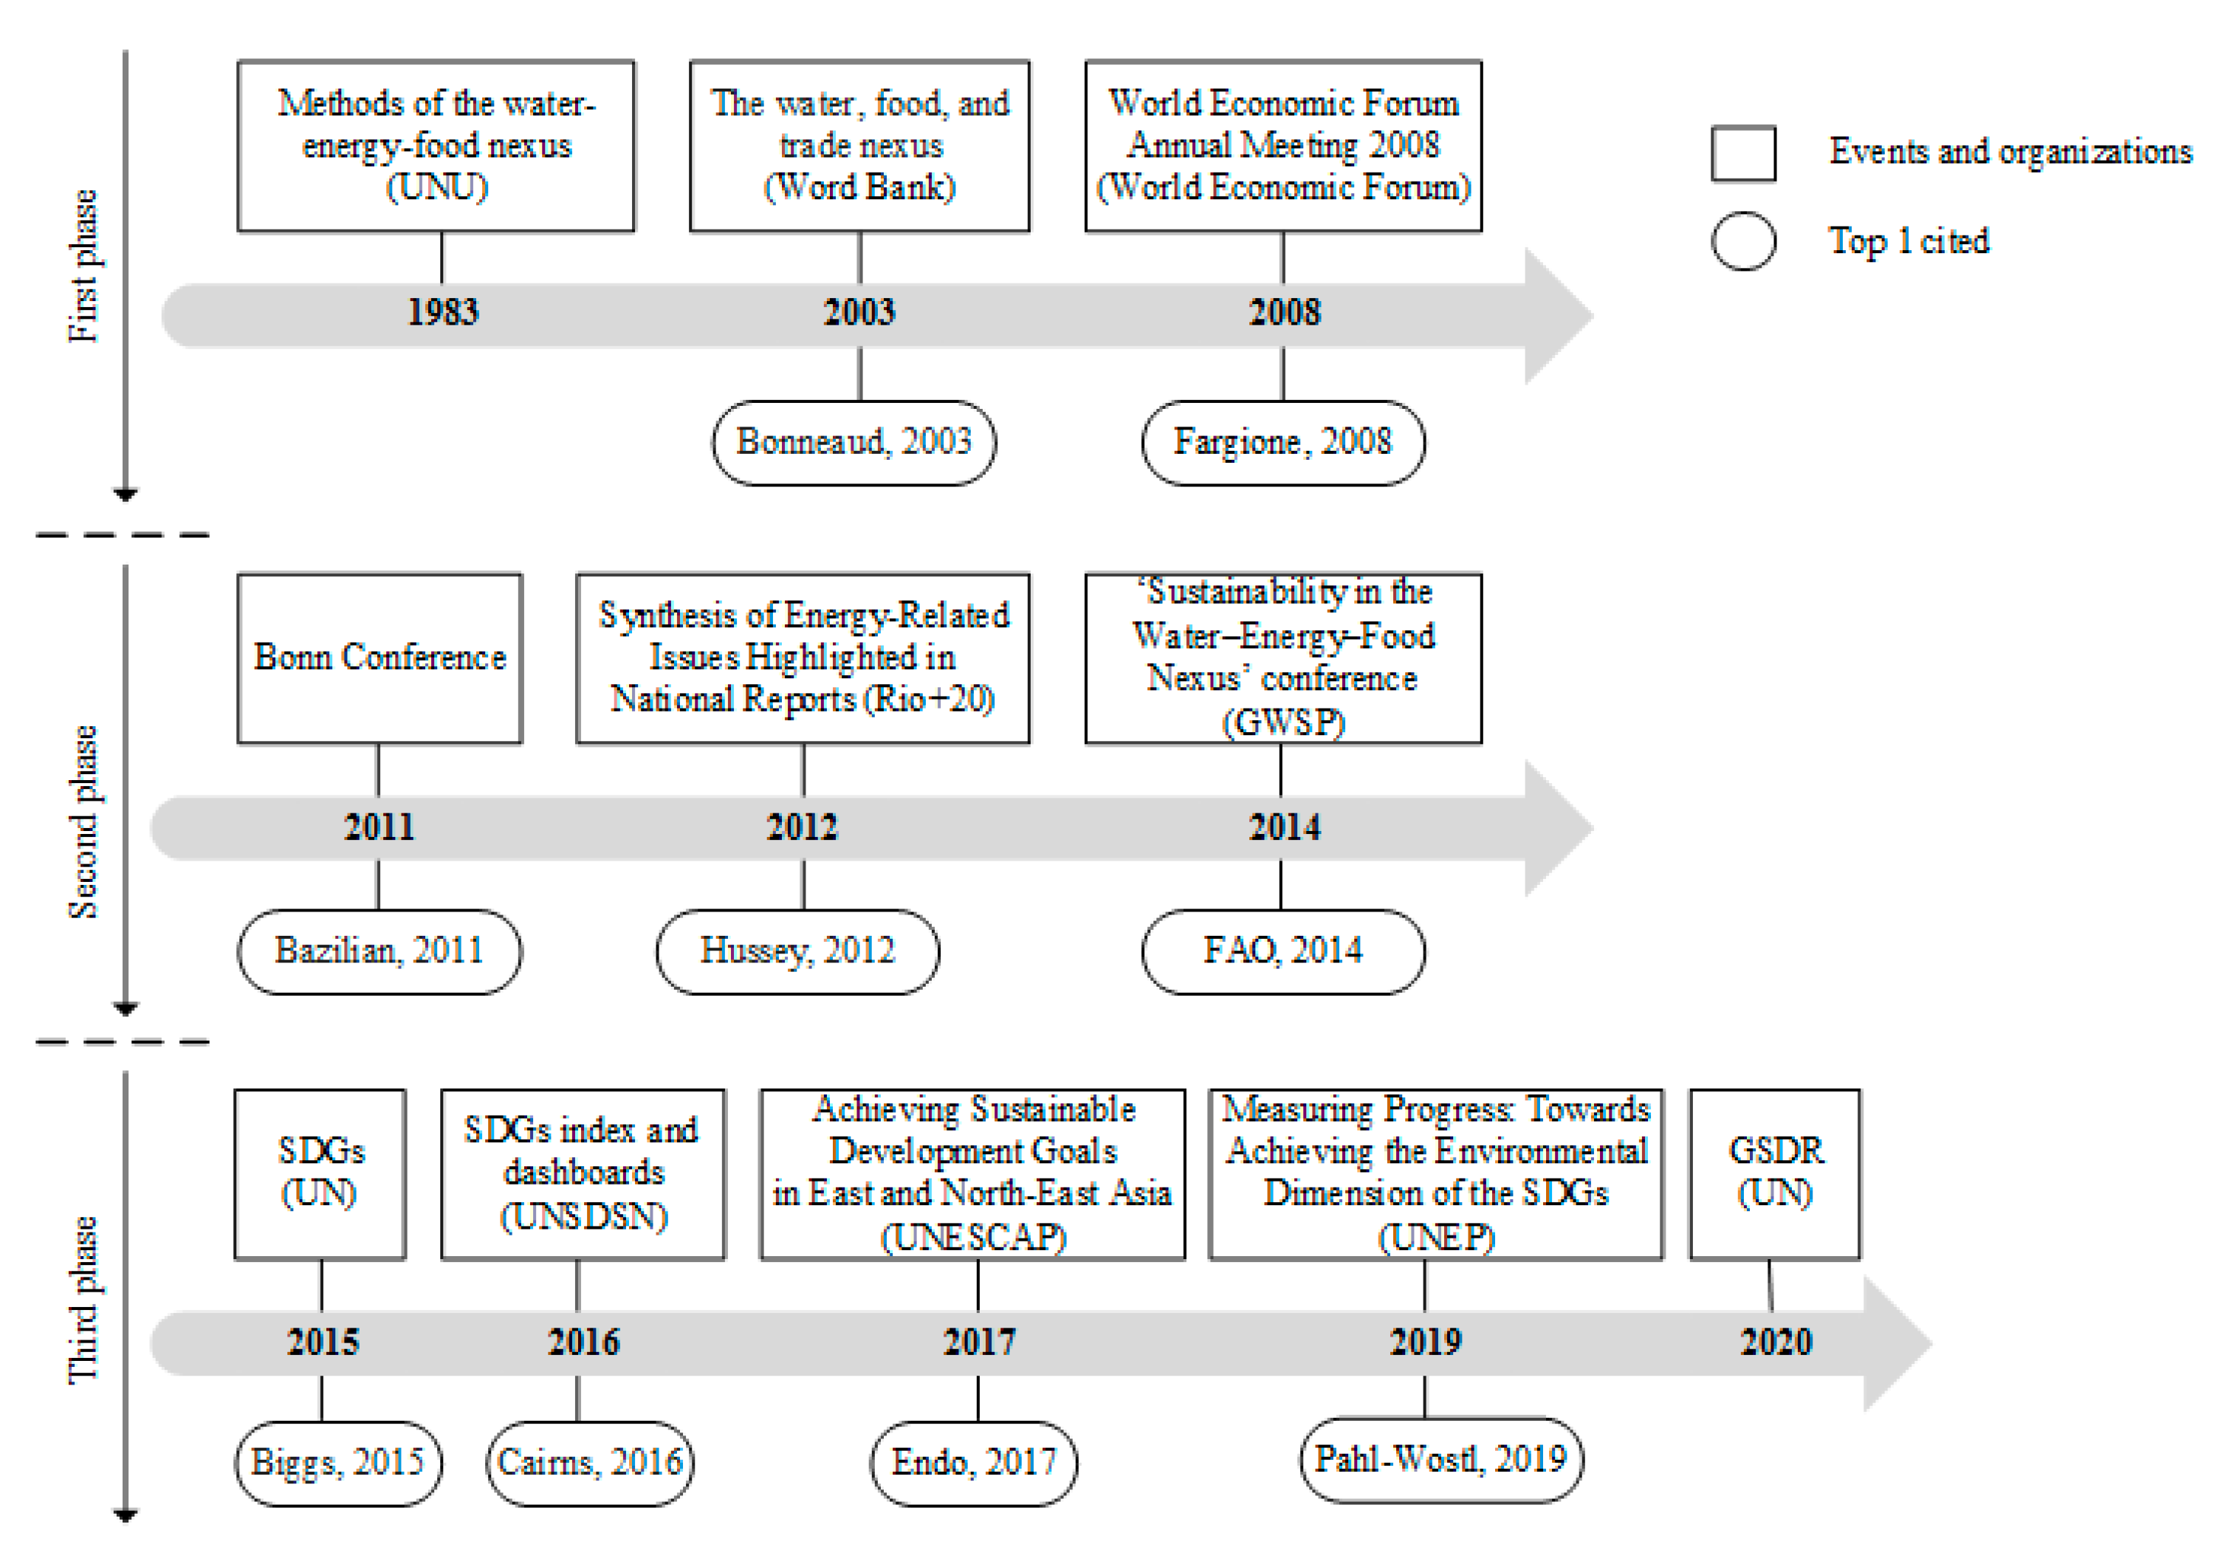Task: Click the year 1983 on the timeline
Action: click(442, 313)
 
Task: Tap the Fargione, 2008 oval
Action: click(1282, 442)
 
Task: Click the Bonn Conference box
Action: click(379, 658)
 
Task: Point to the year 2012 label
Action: click(802, 827)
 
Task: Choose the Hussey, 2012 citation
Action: click(797, 951)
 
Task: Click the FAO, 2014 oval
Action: click(1282, 951)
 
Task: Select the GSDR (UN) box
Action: click(1774, 1173)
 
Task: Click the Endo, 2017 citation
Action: click(974, 1463)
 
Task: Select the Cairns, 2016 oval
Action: click(589, 1463)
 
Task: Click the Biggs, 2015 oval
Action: click(338, 1463)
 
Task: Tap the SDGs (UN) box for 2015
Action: click(320, 1173)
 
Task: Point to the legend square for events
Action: click(1742, 154)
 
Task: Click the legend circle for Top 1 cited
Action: click(1742, 241)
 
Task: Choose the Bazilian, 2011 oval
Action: click(379, 951)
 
